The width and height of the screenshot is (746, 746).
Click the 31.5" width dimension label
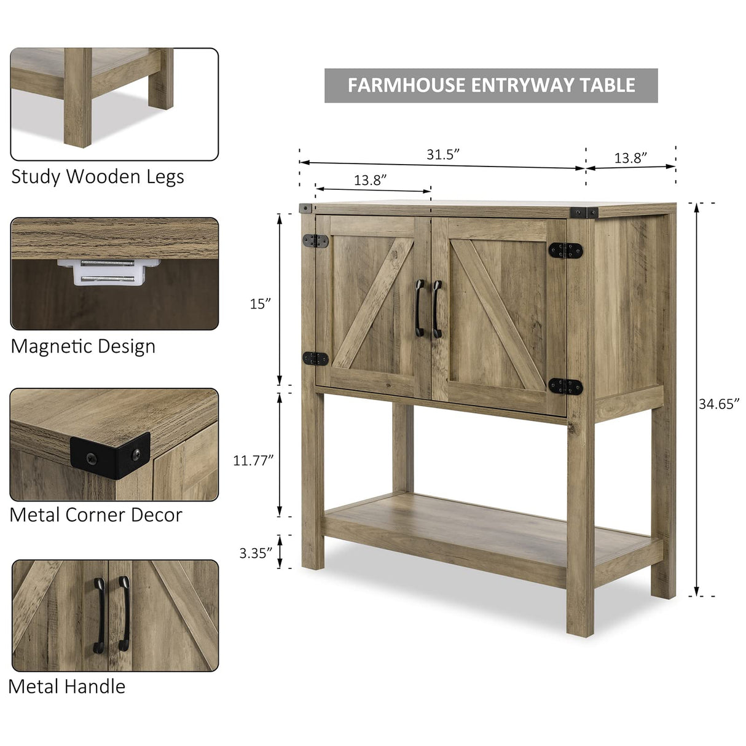443,154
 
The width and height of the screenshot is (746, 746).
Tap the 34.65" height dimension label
718,404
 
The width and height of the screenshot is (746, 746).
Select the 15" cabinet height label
260,304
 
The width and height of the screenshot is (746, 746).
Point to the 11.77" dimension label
253,460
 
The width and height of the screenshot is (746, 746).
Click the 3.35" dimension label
255,553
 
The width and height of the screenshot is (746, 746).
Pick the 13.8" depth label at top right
630,158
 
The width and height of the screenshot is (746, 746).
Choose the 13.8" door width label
370,180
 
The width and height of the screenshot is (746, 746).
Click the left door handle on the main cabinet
420,308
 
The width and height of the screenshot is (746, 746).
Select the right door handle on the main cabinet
437,308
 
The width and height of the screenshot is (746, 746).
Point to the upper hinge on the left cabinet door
315,241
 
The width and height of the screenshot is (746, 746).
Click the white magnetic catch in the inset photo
109,272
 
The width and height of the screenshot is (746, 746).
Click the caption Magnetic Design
83,347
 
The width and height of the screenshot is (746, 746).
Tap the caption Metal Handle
67,686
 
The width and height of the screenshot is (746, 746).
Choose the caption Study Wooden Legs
98,177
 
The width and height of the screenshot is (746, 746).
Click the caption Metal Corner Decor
96,515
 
